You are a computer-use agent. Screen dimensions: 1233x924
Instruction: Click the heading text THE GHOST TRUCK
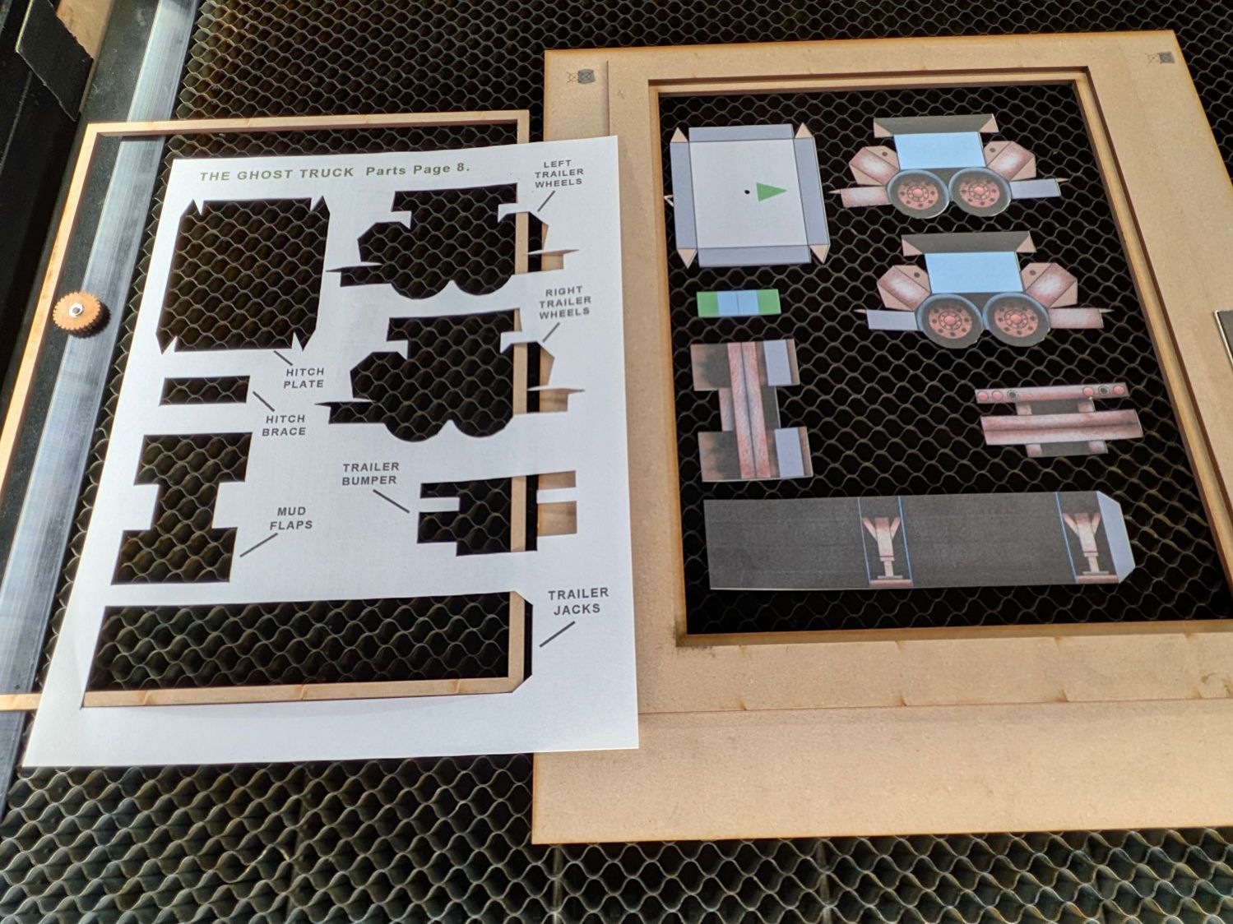277,173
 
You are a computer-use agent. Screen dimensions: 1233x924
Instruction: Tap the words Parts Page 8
418,169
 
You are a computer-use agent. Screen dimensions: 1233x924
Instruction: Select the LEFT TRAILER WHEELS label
559,173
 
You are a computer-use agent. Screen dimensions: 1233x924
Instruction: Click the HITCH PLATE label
304,378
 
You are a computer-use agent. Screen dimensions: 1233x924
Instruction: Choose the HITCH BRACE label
285,425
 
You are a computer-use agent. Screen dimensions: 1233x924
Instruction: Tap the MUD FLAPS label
291,518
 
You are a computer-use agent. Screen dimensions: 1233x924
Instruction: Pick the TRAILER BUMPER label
371,474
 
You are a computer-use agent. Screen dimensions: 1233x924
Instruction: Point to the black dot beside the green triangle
747,192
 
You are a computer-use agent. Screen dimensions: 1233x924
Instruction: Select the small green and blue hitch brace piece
739,303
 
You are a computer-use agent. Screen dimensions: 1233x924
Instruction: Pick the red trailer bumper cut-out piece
1059,418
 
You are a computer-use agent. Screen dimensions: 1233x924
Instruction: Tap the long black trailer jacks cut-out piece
915,541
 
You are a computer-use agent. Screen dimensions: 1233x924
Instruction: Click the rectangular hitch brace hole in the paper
206,390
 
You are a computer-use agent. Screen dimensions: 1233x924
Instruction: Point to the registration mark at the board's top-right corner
1161,58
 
